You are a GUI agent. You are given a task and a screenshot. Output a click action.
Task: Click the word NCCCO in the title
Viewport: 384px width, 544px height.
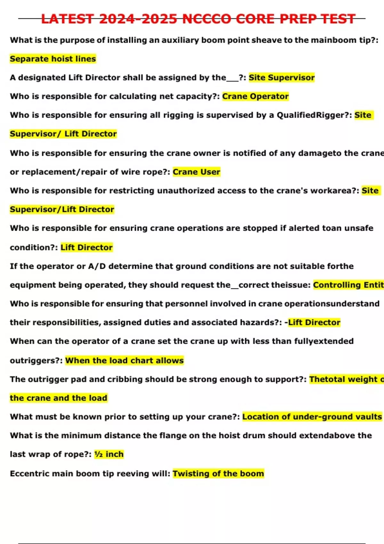click(207, 19)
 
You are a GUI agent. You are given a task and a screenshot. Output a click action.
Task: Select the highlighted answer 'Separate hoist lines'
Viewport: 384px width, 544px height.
click(53, 59)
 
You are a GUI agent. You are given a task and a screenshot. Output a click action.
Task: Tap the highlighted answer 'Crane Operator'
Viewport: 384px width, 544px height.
click(255, 96)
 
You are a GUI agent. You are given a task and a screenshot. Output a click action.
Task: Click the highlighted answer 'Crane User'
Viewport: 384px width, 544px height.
click(196, 172)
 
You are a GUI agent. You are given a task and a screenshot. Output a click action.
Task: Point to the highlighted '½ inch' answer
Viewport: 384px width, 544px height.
click(109, 454)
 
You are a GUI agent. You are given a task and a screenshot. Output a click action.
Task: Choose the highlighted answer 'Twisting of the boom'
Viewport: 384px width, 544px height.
click(218, 474)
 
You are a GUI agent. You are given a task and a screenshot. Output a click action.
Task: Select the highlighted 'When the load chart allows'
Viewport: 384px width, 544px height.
click(124, 361)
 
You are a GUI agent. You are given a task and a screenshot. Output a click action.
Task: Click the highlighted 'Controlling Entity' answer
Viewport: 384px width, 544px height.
click(348, 285)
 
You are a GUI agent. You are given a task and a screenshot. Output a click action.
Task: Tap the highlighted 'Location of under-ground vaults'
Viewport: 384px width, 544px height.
click(312, 417)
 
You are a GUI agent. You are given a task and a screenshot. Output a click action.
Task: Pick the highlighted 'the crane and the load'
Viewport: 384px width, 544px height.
click(59, 398)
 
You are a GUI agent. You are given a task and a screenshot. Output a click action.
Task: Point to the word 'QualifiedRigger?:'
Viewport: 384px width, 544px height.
click(314, 115)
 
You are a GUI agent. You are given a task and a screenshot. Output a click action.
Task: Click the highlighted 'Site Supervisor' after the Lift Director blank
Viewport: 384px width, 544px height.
click(282, 77)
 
